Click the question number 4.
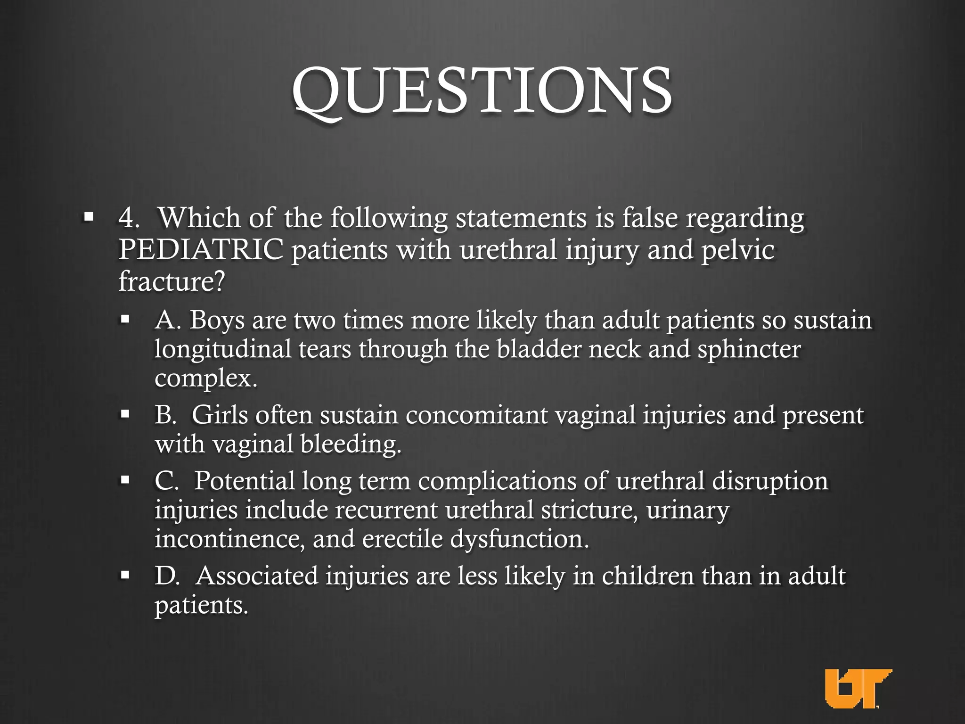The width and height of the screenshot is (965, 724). pos(129,218)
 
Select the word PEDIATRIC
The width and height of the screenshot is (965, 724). pos(201,250)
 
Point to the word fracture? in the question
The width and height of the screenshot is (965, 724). pos(172,281)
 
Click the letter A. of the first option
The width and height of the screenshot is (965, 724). pos(168,320)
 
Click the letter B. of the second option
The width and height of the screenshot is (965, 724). pos(166,415)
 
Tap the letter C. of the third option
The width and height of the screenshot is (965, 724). pos(167,481)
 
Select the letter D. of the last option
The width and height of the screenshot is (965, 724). pos(167,576)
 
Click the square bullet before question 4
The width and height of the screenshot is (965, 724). pos(88,217)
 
